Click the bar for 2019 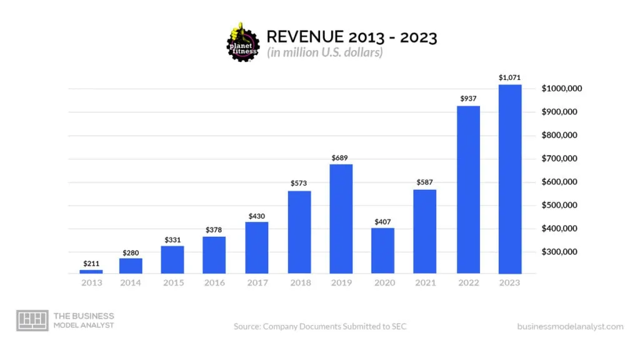(x=341, y=219)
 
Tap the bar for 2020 (x=382, y=251)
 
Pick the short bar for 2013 (x=91, y=271)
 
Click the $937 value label (x=468, y=99)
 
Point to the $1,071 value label (x=509, y=77)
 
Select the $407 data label (x=382, y=221)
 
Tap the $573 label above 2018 (x=299, y=183)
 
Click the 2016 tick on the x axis (x=214, y=283)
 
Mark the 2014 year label (x=131, y=283)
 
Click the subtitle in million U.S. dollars (x=324, y=53)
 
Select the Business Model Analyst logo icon (x=32, y=320)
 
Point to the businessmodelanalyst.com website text (x=570, y=326)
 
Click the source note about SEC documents (x=320, y=326)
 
